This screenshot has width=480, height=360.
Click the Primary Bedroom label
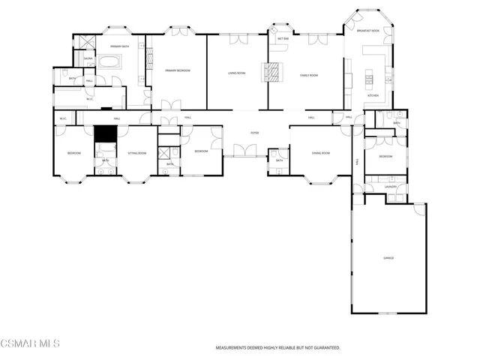(178, 70)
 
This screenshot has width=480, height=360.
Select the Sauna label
(88, 58)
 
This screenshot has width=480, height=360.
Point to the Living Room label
(238, 73)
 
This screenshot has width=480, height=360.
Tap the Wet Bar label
(283, 38)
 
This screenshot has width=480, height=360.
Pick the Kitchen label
(372, 96)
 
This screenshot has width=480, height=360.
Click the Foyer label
(255, 133)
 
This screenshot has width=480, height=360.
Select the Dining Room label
(322, 153)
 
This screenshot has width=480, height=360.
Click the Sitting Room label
(136, 153)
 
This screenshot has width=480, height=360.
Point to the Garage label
(388, 258)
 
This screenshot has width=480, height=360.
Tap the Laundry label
(386, 187)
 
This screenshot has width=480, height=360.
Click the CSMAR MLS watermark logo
(30, 343)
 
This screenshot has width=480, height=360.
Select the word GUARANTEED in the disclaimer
(324, 348)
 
